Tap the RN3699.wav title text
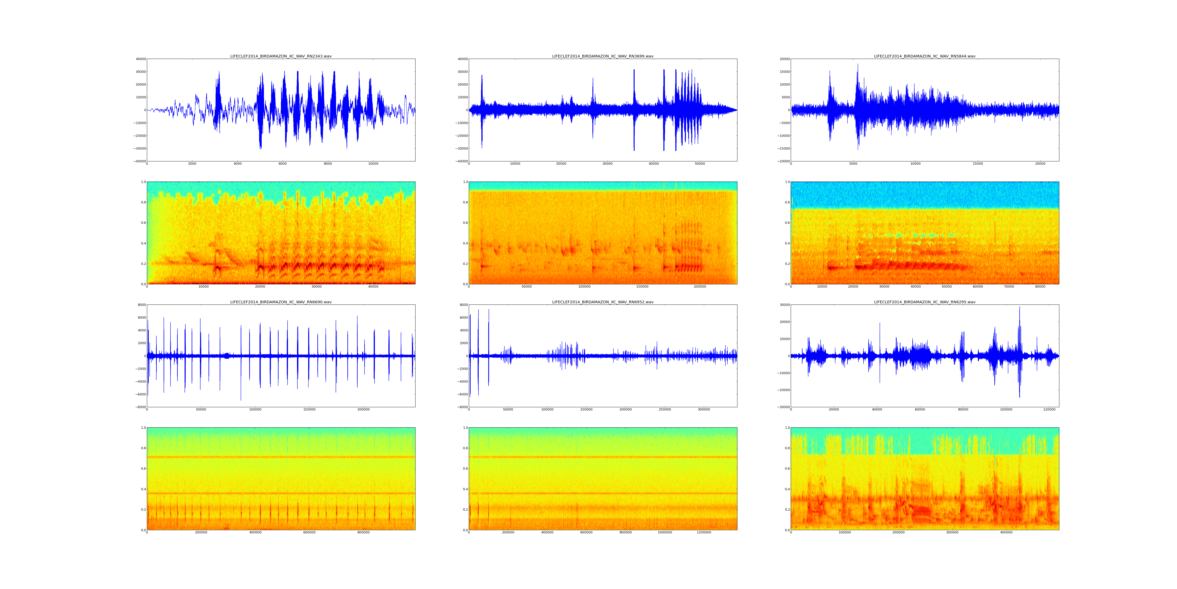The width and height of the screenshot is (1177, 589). pyautogui.click(x=603, y=56)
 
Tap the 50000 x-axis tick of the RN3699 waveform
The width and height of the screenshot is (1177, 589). pyautogui.click(x=700, y=164)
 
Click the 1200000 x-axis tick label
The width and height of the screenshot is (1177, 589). pyautogui.click(x=704, y=532)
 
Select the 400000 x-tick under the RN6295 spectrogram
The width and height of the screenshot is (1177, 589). pyautogui.click(x=1006, y=532)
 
